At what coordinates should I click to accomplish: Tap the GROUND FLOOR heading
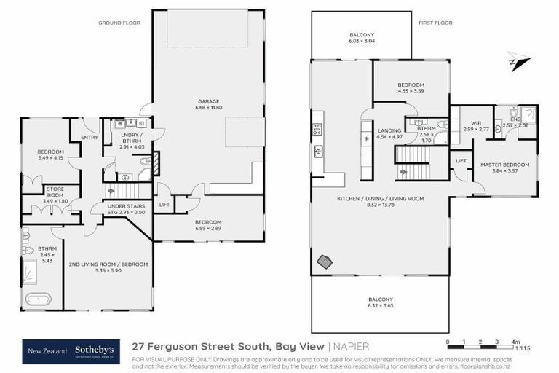[119, 23]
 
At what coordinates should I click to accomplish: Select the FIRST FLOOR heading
[435, 23]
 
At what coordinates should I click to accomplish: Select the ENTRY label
[90, 136]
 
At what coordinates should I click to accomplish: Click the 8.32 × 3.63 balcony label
[380, 303]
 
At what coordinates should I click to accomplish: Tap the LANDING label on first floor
[389, 133]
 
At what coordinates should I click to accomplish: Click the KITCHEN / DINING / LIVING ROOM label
[381, 201]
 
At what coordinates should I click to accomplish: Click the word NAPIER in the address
[352, 346]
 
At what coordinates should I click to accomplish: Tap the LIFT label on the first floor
[461, 160]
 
